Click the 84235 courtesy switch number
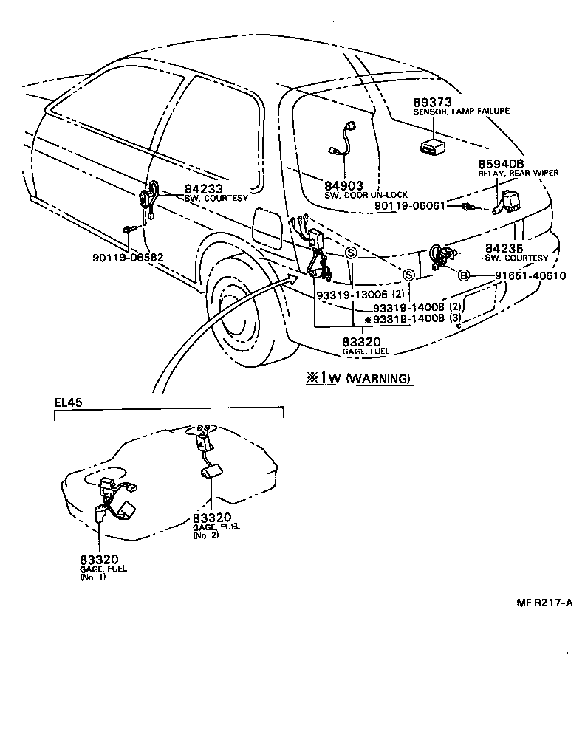(x=503, y=250)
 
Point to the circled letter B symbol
(x=463, y=275)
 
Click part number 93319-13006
(x=352, y=294)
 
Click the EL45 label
(x=69, y=402)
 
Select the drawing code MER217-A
(x=545, y=603)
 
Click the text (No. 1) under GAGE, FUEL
(x=93, y=578)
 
